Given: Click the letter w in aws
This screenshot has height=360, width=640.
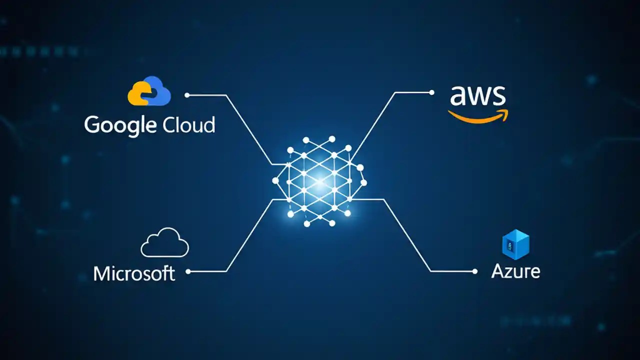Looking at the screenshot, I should pyautogui.click(x=477, y=96).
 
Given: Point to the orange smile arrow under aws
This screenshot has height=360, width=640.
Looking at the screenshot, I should pyautogui.click(x=477, y=116).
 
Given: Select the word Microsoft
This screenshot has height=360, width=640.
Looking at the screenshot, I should pyautogui.click(x=134, y=273).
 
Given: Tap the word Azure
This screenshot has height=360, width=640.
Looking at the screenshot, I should pyautogui.click(x=515, y=271).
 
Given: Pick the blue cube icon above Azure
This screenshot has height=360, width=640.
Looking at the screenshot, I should pyautogui.click(x=515, y=245).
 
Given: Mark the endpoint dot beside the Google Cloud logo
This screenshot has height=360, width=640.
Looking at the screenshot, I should pyautogui.click(x=187, y=95).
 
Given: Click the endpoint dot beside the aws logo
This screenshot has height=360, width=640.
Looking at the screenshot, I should pyautogui.click(x=432, y=92).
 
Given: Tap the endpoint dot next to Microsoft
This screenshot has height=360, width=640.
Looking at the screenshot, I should pyautogui.click(x=188, y=271).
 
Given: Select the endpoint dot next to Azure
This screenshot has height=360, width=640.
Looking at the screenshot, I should pyautogui.click(x=475, y=271).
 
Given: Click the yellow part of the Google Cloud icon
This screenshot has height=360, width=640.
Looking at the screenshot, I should pyautogui.click(x=136, y=95).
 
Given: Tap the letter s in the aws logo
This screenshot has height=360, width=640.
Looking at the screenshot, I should pyautogui.click(x=498, y=96).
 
